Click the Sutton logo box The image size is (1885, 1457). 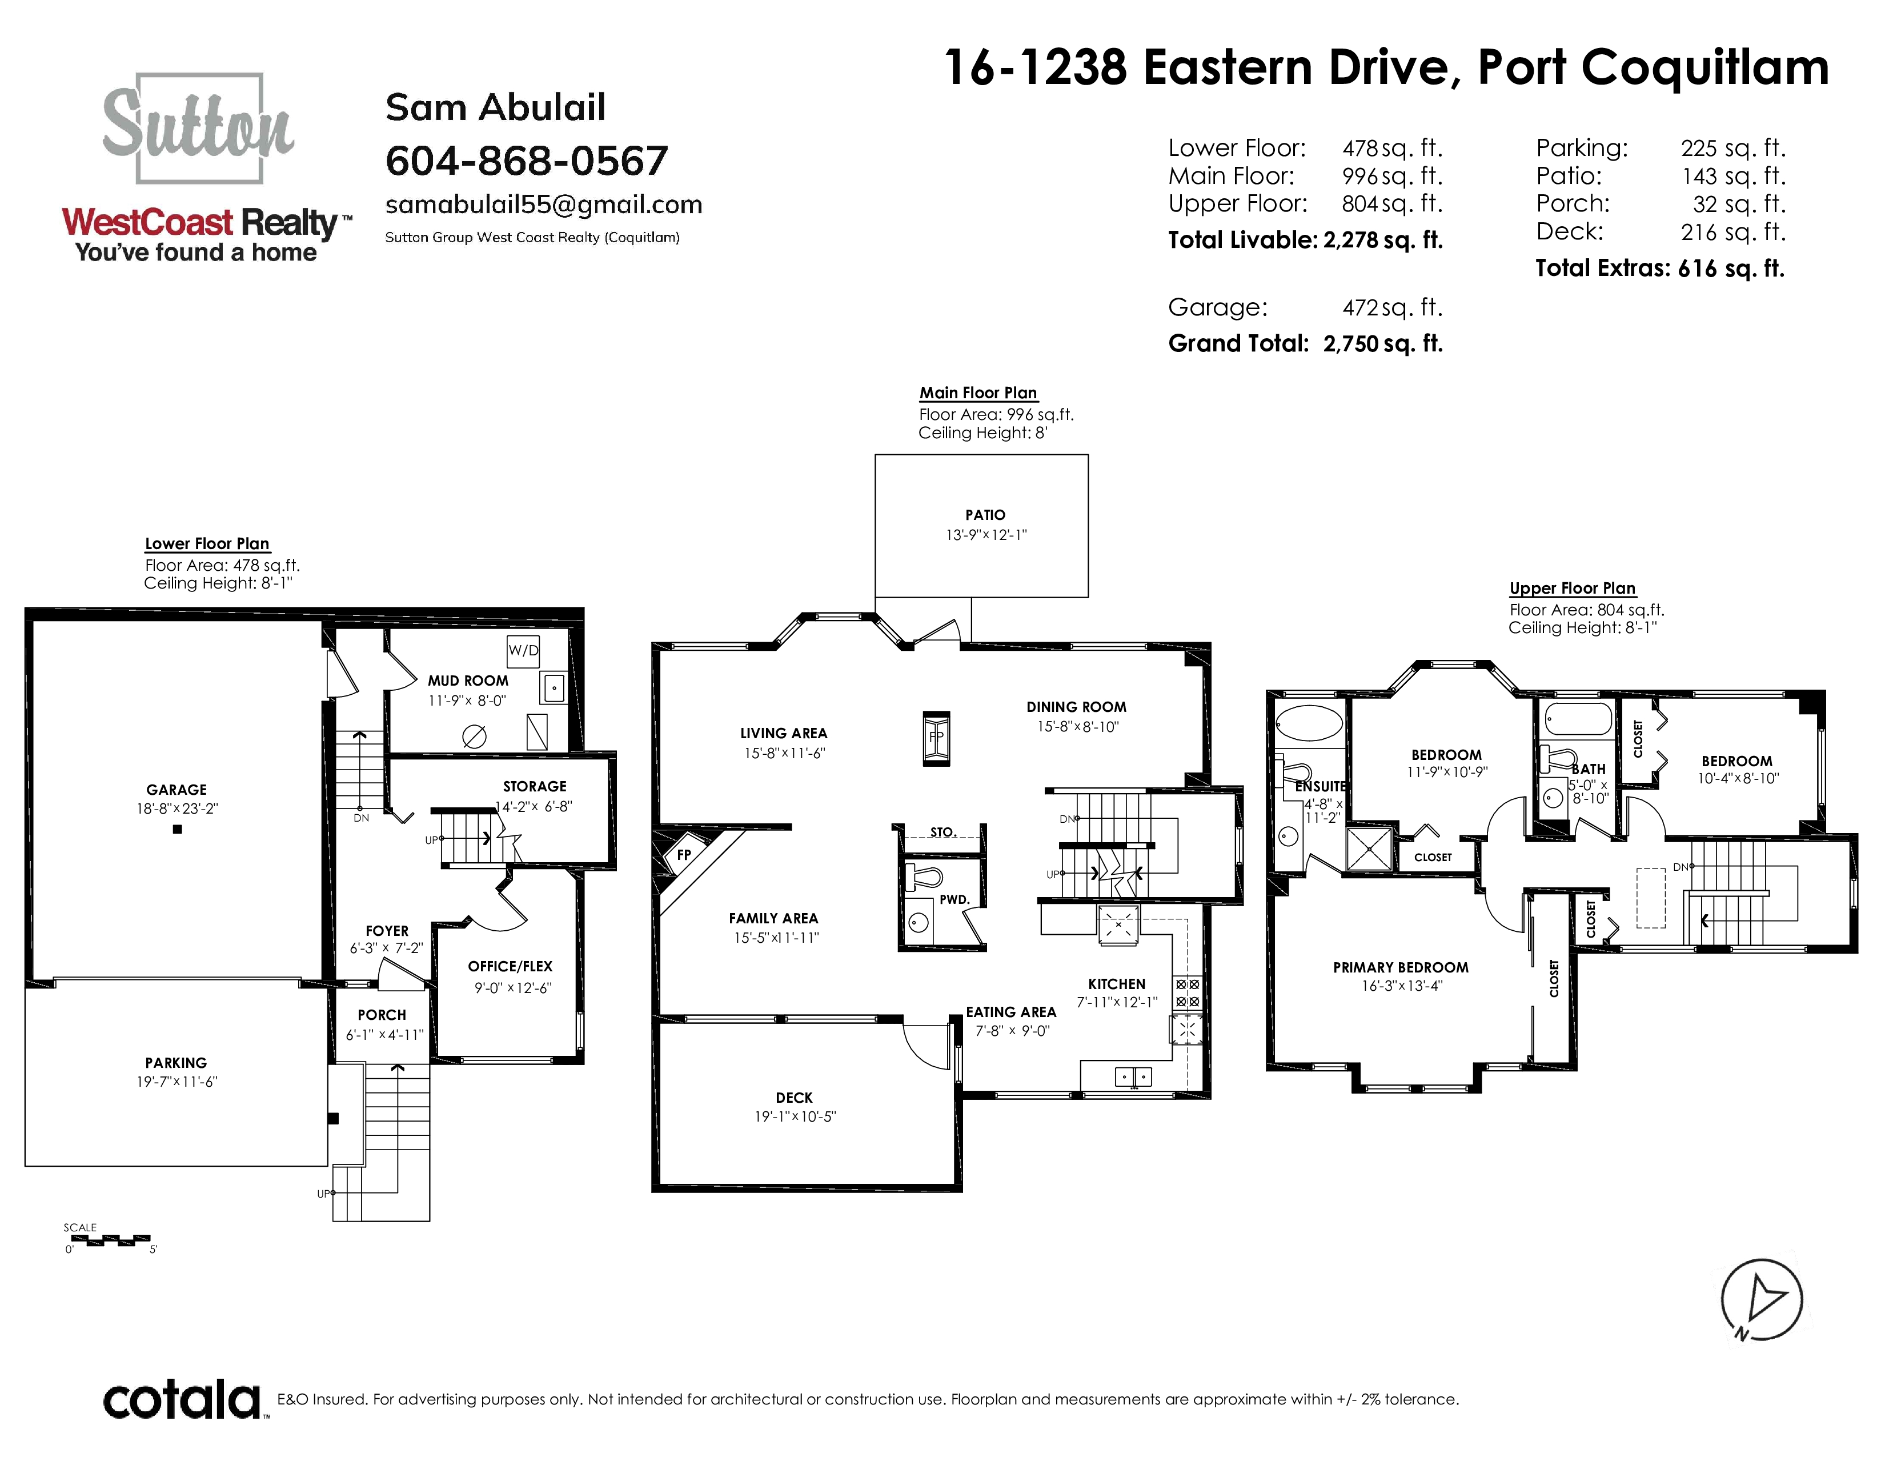pyautogui.click(x=199, y=128)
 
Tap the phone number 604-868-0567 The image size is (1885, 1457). pyautogui.click(x=527, y=161)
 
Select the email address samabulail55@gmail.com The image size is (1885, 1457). pyautogui.click(x=544, y=205)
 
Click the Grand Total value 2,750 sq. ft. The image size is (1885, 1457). pyautogui.click(x=1383, y=343)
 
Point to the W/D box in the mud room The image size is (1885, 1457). pyautogui.click(x=523, y=650)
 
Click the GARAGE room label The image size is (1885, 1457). pyautogui.click(x=177, y=790)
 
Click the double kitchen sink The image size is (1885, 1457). pyautogui.click(x=1133, y=1076)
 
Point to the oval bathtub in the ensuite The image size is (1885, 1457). pyautogui.click(x=1309, y=722)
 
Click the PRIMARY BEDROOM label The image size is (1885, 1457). pyautogui.click(x=1401, y=967)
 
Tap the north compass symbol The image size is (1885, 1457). pyautogui.click(x=1762, y=1299)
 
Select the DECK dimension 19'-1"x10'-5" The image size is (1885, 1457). pyautogui.click(x=796, y=1116)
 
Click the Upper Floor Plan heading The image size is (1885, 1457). pyautogui.click(x=1573, y=588)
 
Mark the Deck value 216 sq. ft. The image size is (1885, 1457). pyautogui.click(x=1733, y=231)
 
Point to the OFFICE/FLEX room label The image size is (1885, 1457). pyautogui.click(x=510, y=967)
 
